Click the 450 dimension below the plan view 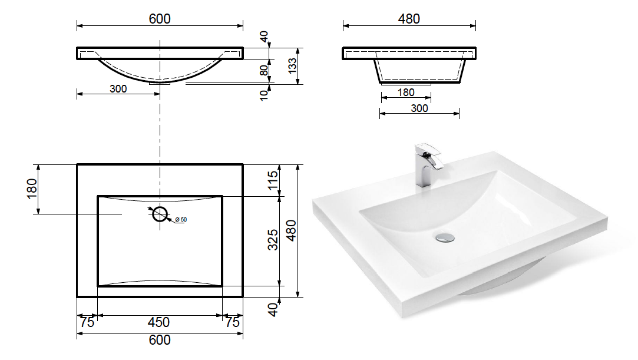tap(158, 322)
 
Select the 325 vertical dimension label tap(273, 240)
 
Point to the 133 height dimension tap(292, 66)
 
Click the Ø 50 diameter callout tap(181, 220)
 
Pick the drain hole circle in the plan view tap(160, 213)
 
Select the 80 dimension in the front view tap(265, 70)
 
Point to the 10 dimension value tap(265, 95)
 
